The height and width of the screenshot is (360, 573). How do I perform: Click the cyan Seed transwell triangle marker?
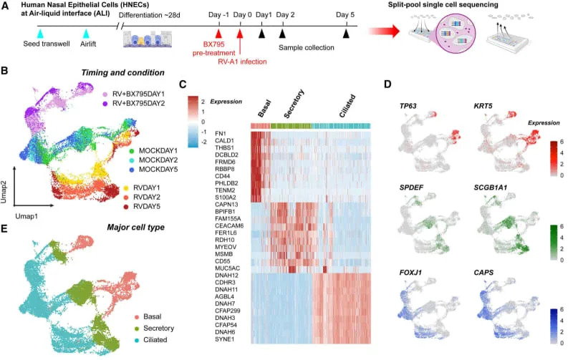(40, 34)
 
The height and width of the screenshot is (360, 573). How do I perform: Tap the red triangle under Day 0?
(240, 34)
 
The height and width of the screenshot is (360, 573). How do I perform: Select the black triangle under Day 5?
(347, 34)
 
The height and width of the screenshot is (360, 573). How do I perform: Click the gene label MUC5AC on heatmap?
(227, 268)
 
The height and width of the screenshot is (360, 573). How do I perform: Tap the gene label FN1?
(220, 134)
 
